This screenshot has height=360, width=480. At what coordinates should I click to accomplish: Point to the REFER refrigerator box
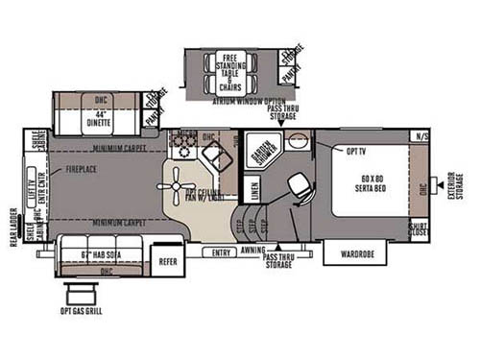[168, 260]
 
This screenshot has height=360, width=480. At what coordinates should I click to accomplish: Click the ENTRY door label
[222, 252]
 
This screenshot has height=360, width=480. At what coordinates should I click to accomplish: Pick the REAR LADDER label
[13, 228]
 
